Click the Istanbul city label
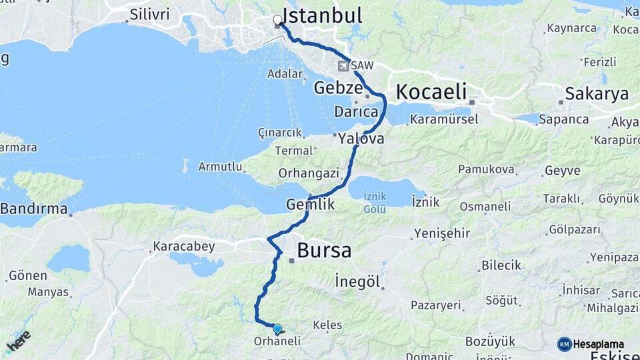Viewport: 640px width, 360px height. click(x=322, y=15)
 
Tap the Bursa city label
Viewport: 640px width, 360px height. click(x=324, y=251)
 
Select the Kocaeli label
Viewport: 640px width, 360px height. click(x=431, y=92)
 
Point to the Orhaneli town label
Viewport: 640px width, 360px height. click(x=277, y=341)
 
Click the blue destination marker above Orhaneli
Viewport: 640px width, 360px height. click(x=277, y=329)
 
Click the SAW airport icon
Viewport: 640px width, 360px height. click(x=343, y=66)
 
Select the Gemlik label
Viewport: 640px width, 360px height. click(x=310, y=205)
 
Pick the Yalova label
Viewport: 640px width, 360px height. click(x=361, y=139)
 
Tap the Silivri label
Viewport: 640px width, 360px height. click(x=150, y=14)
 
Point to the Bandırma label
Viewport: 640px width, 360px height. click(x=34, y=209)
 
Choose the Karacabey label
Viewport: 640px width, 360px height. click(x=184, y=247)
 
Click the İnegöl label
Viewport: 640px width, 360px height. click(x=360, y=281)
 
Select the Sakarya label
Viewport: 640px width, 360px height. click(x=597, y=94)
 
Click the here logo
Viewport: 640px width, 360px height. click(x=18, y=341)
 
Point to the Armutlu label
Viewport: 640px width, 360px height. click(x=220, y=167)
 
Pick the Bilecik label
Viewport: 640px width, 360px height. click(x=501, y=265)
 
